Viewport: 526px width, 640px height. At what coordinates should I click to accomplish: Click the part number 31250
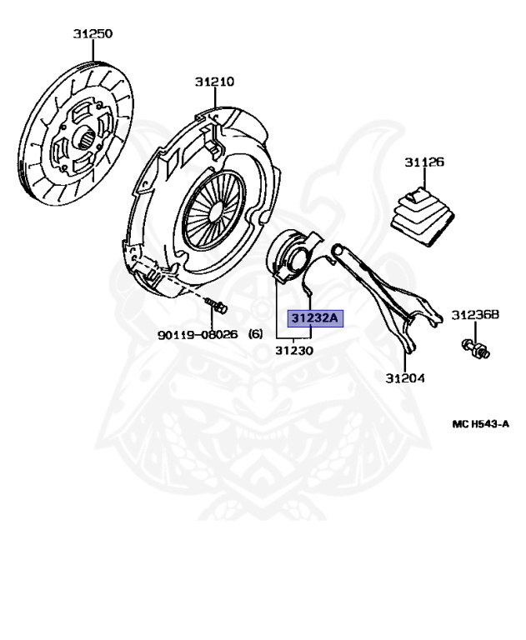(93, 34)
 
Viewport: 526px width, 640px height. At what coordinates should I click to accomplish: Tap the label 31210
(215, 82)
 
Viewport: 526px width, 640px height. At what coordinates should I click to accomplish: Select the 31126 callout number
(425, 162)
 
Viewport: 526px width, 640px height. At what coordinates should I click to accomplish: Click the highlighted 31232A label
(314, 318)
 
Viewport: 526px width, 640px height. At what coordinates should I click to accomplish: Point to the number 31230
(294, 351)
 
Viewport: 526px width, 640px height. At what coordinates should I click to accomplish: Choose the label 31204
(405, 378)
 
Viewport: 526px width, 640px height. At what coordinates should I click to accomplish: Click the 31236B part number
(475, 315)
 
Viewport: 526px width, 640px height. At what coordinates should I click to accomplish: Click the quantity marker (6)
(256, 334)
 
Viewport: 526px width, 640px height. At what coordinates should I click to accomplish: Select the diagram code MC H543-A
(480, 424)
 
